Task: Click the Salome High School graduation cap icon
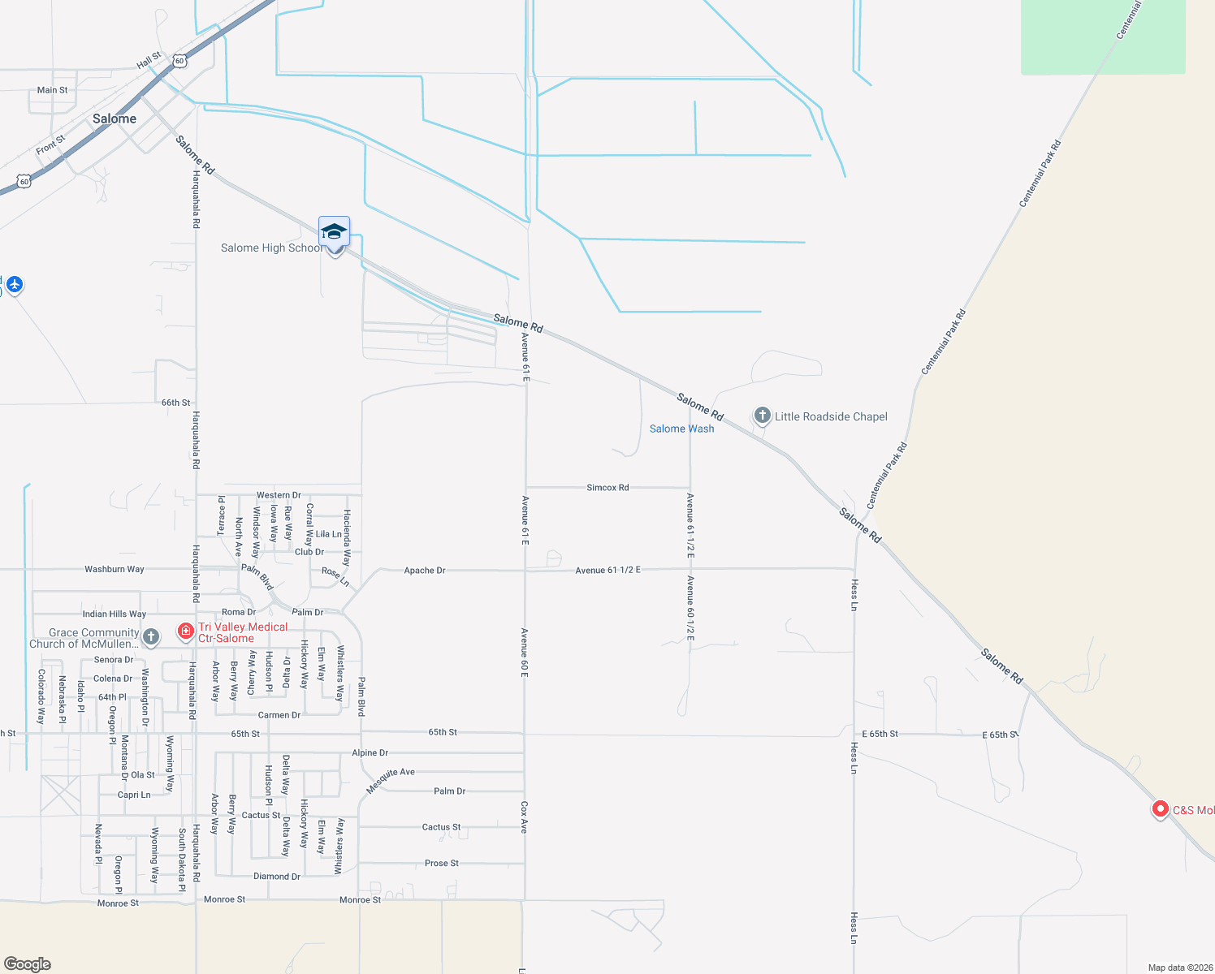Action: pyautogui.click(x=334, y=233)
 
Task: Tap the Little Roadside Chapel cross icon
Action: pyautogui.click(x=762, y=416)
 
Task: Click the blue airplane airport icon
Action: pyautogui.click(x=15, y=285)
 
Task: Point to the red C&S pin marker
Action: pyautogui.click(x=1161, y=809)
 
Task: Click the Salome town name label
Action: pyautogui.click(x=115, y=119)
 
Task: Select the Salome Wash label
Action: pyautogui.click(x=681, y=429)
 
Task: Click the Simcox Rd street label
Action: pyautogui.click(x=607, y=488)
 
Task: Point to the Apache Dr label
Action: pyautogui.click(x=425, y=571)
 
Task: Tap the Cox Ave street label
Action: pyautogui.click(x=525, y=817)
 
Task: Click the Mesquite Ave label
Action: pyautogui.click(x=391, y=781)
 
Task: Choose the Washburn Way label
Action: pyautogui.click(x=115, y=569)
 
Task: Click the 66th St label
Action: pyautogui.click(x=175, y=403)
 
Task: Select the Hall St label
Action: pyautogui.click(x=149, y=61)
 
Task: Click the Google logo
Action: pyautogui.click(x=28, y=964)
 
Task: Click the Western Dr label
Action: pyautogui.click(x=279, y=495)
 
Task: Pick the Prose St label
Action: pyautogui.click(x=442, y=864)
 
